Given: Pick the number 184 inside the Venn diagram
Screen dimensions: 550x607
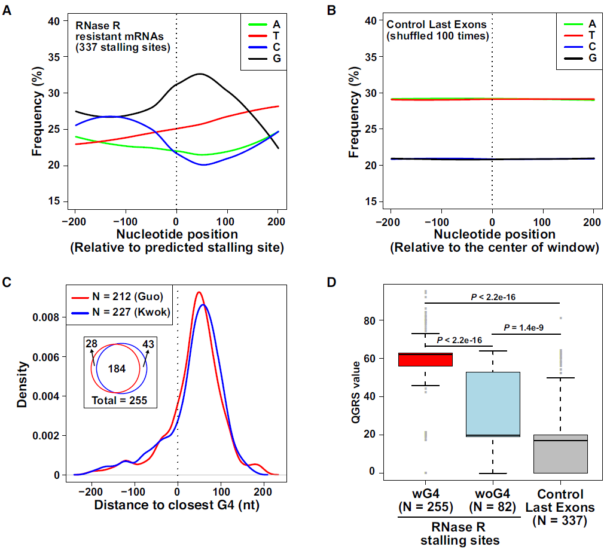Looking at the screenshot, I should click(x=117, y=369).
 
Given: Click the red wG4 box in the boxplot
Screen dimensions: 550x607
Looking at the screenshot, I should click(x=426, y=359).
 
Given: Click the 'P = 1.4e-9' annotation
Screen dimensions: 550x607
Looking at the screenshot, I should click(x=526, y=327).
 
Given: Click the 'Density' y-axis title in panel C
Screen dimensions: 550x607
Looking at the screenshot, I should click(x=22, y=383).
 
